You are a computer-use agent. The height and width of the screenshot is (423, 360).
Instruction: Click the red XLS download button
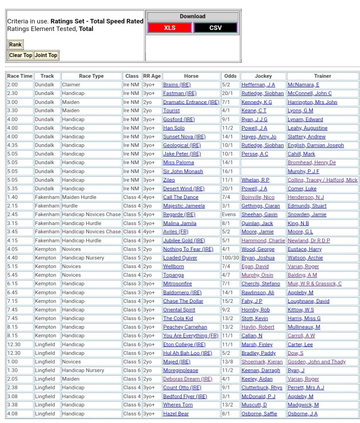pyautogui.click(x=169, y=28)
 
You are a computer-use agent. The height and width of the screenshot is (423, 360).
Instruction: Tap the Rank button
pyautogui.click(x=15, y=45)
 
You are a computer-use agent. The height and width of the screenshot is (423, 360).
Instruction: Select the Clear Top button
pyautogui.click(x=21, y=55)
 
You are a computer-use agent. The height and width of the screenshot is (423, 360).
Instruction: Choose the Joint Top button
pyautogui.click(x=46, y=55)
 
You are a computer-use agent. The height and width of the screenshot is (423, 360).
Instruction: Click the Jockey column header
pyautogui.click(x=263, y=76)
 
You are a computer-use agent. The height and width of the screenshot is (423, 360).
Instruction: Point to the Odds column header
pyautogui.click(x=230, y=76)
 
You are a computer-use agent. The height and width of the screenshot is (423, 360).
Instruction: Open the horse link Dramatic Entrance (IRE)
pyautogui.click(x=191, y=102)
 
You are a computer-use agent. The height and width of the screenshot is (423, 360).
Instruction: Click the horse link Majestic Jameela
pyautogui.click(x=184, y=206)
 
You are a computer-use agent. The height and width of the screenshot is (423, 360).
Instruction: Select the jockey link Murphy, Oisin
pyautogui.click(x=257, y=275)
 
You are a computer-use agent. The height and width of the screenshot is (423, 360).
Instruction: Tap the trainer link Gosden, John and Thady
pyautogui.click(x=317, y=362)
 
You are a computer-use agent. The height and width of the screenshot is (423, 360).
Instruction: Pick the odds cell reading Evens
pyautogui.click(x=229, y=214)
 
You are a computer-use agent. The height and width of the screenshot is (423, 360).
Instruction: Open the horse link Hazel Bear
pyautogui.click(x=176, y=413)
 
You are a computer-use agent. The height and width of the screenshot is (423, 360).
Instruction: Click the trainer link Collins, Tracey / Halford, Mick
pyautogui.click(x=322, y=180)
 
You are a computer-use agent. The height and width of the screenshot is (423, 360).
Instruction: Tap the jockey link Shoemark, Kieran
pyautogui.click(x=262, y=362)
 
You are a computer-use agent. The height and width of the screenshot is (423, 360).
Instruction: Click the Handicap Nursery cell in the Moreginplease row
pyautogui.click(x=83, y=371)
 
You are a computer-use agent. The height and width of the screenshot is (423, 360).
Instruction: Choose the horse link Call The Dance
pyautogui.click(x=181, y=197)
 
